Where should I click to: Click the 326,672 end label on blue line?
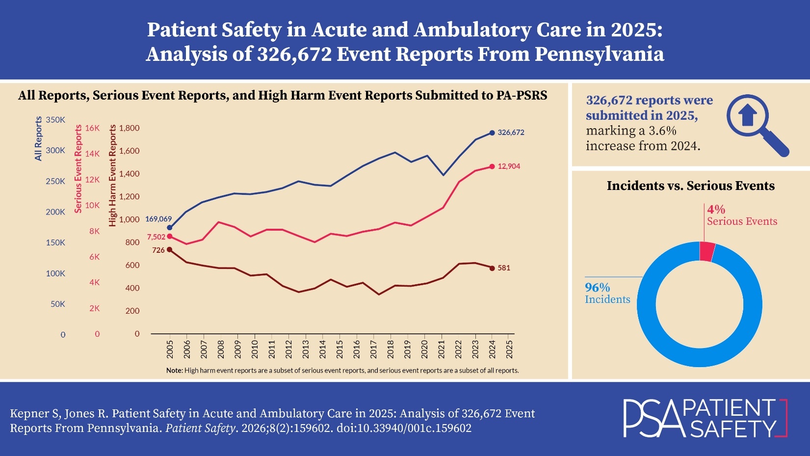tap(511, 133)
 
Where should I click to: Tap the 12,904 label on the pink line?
tap(509, 166)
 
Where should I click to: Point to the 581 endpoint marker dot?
tap(492, 268)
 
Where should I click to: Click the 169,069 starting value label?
tap(158, 219)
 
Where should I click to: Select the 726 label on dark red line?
tap(158, 250)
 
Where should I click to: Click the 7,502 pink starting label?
tap(156, 237)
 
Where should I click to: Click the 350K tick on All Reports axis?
tap(55, 120)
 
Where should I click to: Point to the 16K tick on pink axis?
tap(92, 128)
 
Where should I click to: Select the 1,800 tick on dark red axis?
tap(129, 128)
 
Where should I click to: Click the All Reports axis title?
tap(38, 139)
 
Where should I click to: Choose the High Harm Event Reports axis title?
tap(113, 175)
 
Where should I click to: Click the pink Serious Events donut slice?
tap(707, 251)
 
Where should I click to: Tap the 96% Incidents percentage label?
tap(598, 288)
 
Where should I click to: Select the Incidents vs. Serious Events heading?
tap(690, 186)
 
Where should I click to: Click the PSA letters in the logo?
tap(653, 419)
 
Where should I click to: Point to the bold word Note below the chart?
tap(174, 371)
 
